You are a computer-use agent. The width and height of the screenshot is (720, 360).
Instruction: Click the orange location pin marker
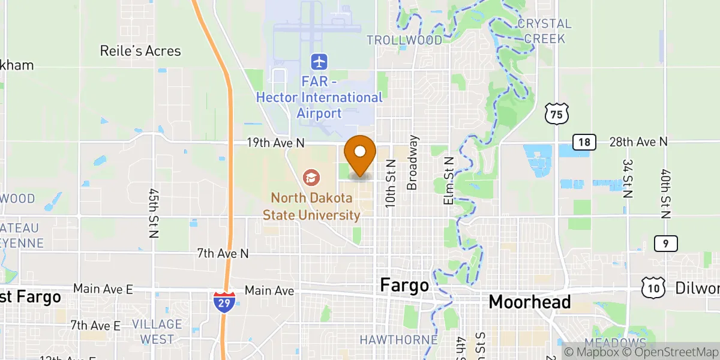[x=361, y=154]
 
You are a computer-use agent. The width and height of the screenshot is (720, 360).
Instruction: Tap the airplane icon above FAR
[x=319, y=61]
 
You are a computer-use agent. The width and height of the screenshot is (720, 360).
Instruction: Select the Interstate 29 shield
[x=224, y=302]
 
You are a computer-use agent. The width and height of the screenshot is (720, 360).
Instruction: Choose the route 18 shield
[x=584, y=142]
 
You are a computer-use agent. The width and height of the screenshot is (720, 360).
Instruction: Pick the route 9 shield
[x=666, y=243]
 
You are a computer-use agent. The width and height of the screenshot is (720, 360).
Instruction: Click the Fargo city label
[x=404, y=286]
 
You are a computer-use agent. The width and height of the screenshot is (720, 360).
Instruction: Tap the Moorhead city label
[x=530, y=302]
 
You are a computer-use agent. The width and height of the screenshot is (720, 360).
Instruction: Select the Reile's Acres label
[x=140, y=51]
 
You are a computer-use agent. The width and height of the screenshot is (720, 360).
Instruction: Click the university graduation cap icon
[x=311, y=177]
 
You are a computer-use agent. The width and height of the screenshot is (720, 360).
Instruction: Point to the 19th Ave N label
[x=276, y=143]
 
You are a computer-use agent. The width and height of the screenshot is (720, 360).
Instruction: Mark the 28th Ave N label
[x=638, y=142]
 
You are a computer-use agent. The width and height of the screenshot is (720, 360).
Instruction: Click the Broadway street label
[x=412, y=163]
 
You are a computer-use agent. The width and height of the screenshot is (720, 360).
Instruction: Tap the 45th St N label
[x=153, y=212]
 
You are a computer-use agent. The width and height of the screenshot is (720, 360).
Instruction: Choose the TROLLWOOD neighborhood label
[x=404, y=40]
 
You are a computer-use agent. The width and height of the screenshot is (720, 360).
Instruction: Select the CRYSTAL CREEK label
[x=545, y=31]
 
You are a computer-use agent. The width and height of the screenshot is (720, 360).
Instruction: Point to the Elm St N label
[x=449, y=181]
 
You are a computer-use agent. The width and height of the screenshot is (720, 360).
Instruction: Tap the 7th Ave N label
[x=222, y=254]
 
